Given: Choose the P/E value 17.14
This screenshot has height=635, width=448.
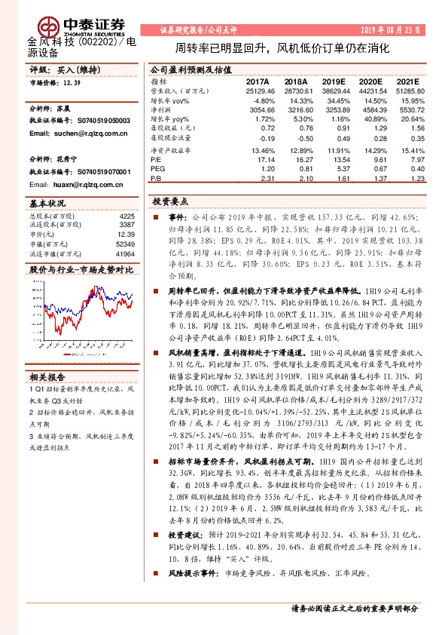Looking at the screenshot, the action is coord(264,159).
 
